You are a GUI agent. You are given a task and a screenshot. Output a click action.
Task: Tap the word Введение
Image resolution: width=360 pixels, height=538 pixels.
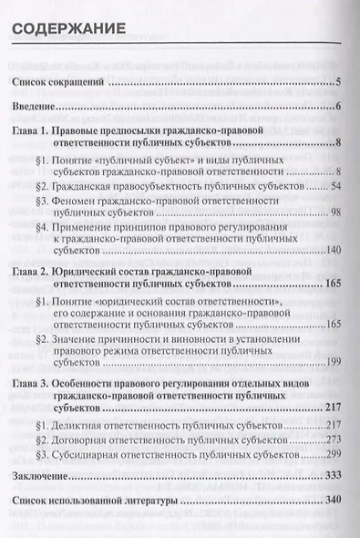[x=39, y=109]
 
